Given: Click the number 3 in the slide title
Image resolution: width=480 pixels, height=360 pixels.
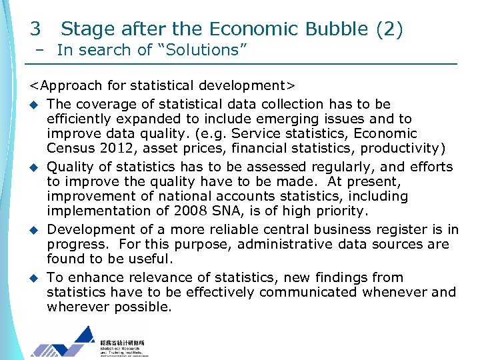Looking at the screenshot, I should tap(35, 29).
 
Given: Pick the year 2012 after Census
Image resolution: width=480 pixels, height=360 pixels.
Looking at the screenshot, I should tap(121, 148).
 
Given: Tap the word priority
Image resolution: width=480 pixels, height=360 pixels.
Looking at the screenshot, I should tap(337, 211).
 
